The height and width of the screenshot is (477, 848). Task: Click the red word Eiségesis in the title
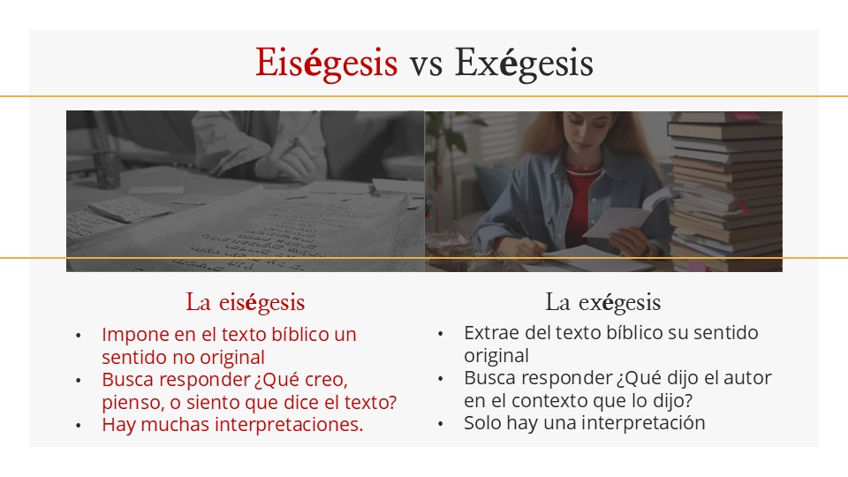(327, 64)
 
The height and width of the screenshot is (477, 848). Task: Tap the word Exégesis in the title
(524, 64)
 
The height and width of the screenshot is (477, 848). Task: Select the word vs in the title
(426, 64)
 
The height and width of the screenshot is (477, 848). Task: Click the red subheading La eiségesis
(246, 302)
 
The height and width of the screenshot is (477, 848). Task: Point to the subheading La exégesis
(603, 302)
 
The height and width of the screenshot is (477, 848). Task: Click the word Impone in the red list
(135, 335)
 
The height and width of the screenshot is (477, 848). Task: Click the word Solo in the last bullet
(482, 422)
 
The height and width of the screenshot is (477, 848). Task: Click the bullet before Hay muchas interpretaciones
(79, 426)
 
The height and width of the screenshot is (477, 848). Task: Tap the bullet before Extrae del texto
(441, 334)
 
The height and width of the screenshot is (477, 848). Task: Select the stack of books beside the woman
(724, 191)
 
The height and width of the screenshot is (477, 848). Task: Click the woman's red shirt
(582, 201)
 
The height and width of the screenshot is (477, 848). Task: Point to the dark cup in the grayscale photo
(108, 169)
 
